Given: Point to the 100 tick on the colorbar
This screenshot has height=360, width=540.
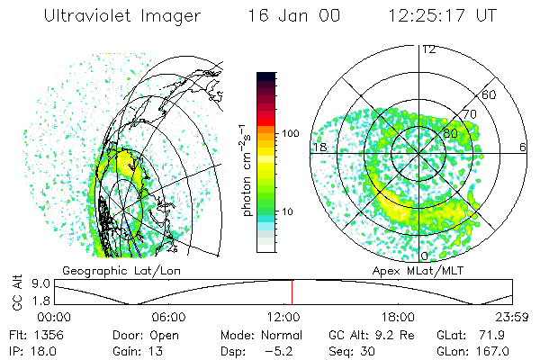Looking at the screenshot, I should (x=291, y=133).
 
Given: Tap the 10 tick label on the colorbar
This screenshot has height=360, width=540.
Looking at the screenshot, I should (x=289, y=212).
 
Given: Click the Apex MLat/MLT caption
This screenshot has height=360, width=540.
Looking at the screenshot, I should (x=417, y=270).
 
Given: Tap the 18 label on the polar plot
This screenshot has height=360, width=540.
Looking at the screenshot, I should (x=318, y=146).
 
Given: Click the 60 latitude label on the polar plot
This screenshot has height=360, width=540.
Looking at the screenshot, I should (x=490, y=94).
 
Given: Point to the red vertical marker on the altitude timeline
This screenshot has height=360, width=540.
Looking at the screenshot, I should (x=292, y=292).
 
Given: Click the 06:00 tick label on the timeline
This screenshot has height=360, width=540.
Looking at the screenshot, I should (x=169, y=317).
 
